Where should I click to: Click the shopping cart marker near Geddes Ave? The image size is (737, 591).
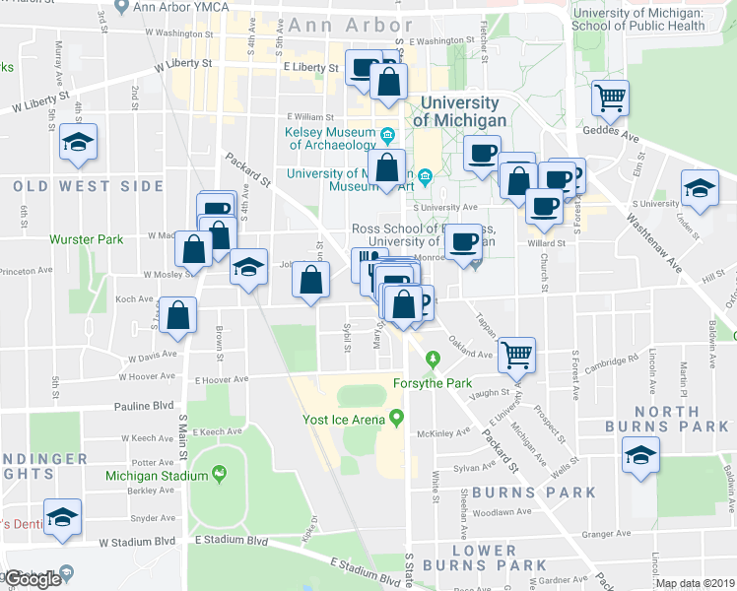click(610, 98)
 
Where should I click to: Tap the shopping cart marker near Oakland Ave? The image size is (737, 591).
click(516, 353)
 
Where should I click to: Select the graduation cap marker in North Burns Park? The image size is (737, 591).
click(640, 456)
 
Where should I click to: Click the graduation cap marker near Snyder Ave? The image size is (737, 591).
click(63, 518)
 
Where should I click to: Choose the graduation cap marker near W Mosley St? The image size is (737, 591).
click(248, 267)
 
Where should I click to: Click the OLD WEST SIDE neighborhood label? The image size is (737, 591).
click(88, 186)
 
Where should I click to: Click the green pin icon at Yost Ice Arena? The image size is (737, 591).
click(397, 419)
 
